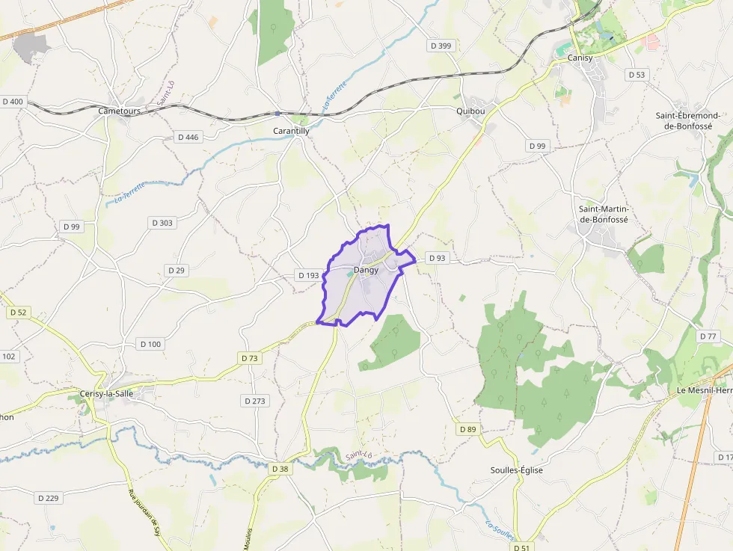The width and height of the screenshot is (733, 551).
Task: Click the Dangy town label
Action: pos(366,270)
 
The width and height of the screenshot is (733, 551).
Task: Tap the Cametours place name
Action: pos(120,111)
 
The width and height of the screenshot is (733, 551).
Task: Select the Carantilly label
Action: pos(291,131)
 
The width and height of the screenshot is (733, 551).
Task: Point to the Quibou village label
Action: pos(470,111)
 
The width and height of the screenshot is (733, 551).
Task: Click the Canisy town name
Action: pos(580,58)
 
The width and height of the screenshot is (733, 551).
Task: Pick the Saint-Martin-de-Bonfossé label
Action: pos(604,214)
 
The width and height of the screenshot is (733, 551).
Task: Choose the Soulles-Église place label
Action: pos(516,470)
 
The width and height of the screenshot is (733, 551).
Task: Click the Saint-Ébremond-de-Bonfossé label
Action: pos(687,121)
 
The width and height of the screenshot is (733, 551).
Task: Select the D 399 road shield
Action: pos(441,46)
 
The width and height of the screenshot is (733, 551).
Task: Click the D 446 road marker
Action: pos(188,137)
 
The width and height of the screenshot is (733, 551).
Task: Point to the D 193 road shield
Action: pos(308,275)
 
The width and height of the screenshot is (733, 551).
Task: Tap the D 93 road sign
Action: pos(437,258)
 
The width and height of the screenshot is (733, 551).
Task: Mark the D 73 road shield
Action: pos(250,358)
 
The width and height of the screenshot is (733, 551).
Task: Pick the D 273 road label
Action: pos(255,401)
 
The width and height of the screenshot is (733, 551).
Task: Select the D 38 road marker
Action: pos(280,469)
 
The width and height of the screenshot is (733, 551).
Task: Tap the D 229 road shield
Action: pos(48,497)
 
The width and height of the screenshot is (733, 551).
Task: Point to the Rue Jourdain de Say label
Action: pos(144,513)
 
